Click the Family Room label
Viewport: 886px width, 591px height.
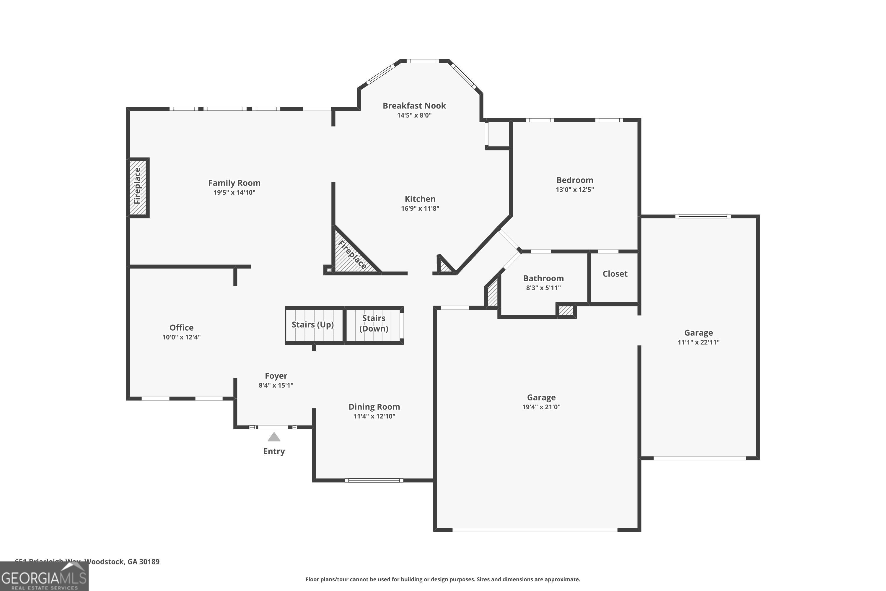(234, 183)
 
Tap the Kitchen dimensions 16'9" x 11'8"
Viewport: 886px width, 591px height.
(420, 208)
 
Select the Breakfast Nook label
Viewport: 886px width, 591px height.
(414, 105)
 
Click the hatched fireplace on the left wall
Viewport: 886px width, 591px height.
(138, 187)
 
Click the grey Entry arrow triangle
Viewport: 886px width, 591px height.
(274, 437)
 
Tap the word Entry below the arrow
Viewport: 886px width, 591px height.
(274, 451)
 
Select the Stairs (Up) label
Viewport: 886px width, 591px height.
(313, 324)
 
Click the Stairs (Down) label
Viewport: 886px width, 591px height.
(374, 323)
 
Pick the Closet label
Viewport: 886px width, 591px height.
(615, 274)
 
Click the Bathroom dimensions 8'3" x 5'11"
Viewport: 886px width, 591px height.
(543, 288)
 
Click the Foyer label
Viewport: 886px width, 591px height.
(276, 376)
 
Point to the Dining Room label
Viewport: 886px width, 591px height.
(374, 407)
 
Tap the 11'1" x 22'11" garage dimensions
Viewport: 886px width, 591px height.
(698, 342)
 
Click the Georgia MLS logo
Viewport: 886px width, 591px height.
(44, 577)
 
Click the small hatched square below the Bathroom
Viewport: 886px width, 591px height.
(566, 311)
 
